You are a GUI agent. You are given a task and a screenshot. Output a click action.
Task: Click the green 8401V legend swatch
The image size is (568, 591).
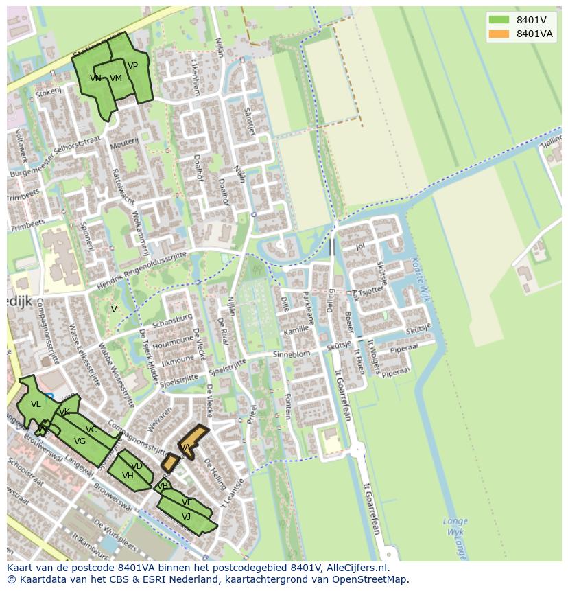499,19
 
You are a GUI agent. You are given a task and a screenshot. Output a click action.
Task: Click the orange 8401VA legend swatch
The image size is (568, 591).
499,34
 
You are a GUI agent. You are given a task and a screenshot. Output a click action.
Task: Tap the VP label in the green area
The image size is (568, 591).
132,66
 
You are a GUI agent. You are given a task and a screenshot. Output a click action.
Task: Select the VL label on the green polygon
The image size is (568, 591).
36,405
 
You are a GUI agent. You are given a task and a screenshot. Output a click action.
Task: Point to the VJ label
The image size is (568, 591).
186,517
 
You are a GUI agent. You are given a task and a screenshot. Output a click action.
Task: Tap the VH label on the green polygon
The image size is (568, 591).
128,476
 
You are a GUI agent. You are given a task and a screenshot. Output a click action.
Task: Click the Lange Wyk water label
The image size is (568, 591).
455,526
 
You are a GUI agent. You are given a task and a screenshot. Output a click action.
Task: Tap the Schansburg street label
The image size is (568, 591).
174,321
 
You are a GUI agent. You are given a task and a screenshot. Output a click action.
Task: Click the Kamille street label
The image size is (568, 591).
296,330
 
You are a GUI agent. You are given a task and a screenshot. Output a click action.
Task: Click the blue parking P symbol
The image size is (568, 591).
48,397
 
